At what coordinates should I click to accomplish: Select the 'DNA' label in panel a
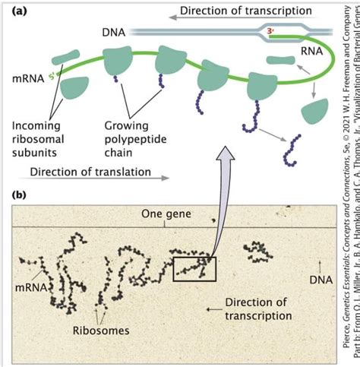click(113, 33)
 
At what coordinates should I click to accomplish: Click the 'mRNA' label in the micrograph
click(31, 309)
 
